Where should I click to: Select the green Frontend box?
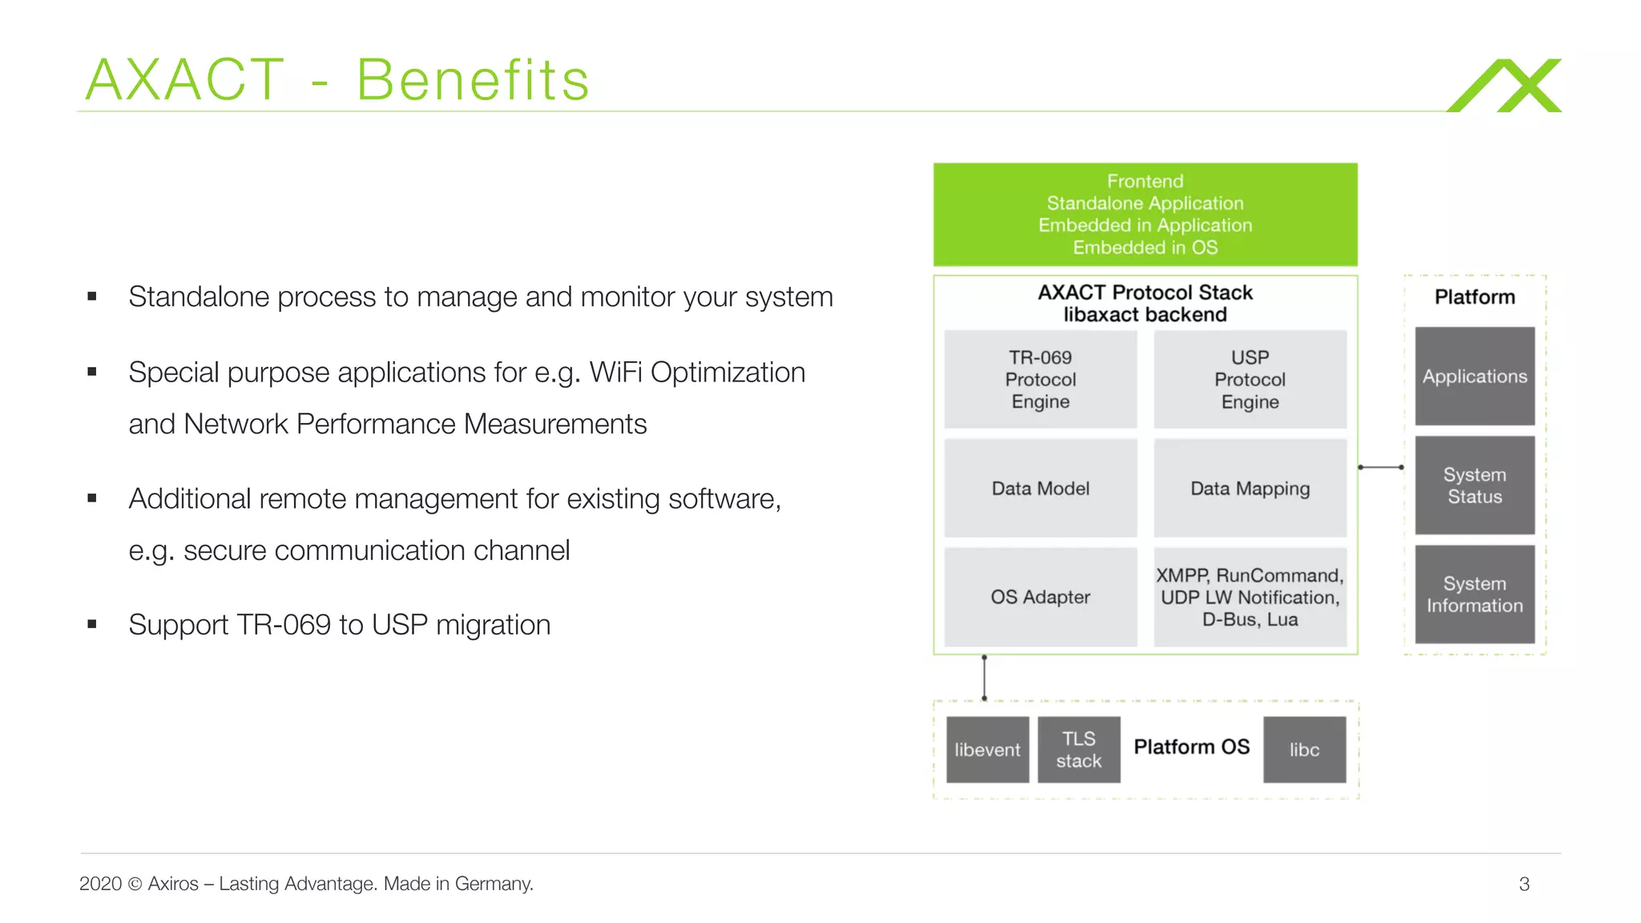1144,214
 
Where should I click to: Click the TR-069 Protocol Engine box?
1040,379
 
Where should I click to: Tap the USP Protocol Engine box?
1249,379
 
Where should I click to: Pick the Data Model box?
1040,488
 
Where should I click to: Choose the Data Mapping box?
1249,488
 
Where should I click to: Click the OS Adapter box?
1040,597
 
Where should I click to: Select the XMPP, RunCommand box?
1249,597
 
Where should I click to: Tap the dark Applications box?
1474,376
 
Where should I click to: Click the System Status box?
1474,485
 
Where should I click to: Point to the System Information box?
1474,595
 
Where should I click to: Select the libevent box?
987,750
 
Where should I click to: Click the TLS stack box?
1079,750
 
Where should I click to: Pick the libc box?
1304,750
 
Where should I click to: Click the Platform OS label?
1191,747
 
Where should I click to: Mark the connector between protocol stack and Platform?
1381,467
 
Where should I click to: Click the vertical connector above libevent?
984,678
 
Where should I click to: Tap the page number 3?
1523,884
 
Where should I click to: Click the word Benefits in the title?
473,80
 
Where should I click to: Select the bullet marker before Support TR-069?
92,624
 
